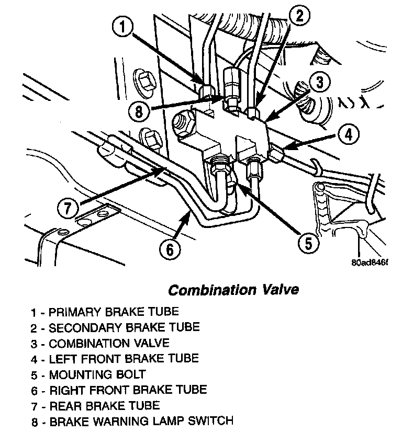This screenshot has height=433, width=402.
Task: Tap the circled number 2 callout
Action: click(299, 16)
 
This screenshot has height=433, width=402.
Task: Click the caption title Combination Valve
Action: click(233, 289)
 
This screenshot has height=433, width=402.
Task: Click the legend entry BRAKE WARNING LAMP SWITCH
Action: click(131, 421)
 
